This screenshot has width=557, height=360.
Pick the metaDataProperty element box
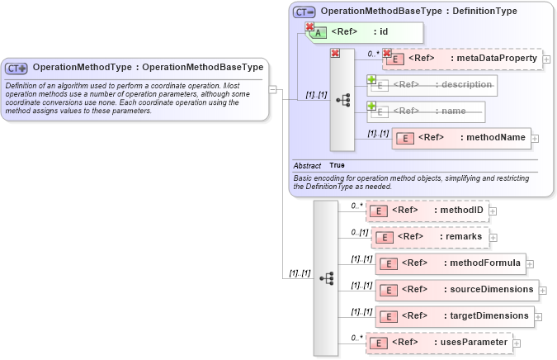pyautogui.click(x=461, y=59)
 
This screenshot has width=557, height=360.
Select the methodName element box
pyautogui.click(x=461, y=138)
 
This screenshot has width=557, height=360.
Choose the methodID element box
pyautogui.click(x=427, y=211)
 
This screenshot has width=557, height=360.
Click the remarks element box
pyautogui.click(x=431, y=237)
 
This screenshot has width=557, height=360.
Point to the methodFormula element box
pyautogui.click(x=450, y=263)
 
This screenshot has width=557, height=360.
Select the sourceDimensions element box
pyautogui.click(x=457, y=290)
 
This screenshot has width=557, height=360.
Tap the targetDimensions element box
pyautogui.click(x=454, y=315)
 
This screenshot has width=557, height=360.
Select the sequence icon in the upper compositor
pyautogui.click(x=342, y=100)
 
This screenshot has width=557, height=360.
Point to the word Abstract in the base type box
pyautogui.click(x=307, y=165)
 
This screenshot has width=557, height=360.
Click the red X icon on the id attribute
pyautogui.click(x=310, y=27)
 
